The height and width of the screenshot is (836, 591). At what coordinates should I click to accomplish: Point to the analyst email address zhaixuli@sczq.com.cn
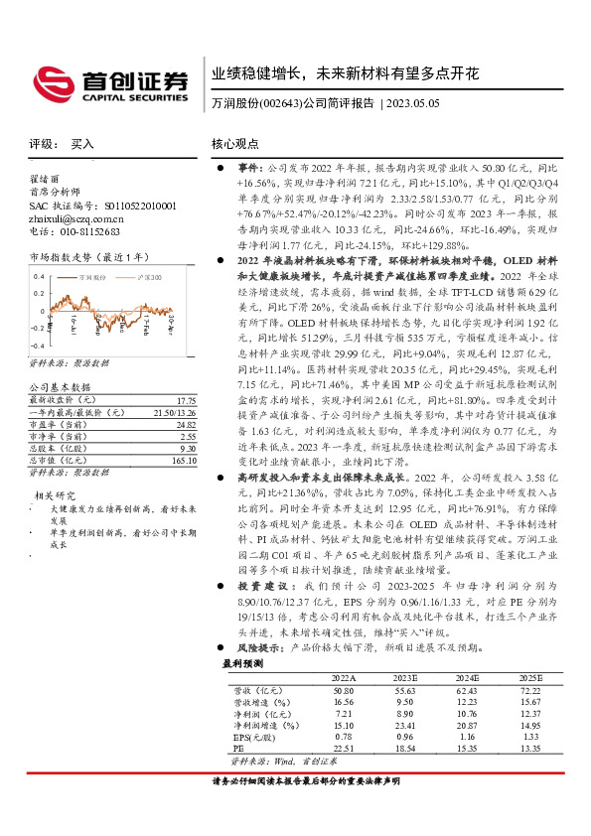pyautogui.click(x=75, y=218)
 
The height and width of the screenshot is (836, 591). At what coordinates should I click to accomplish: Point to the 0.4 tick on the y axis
pyautogui.click(x=39, y=275)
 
